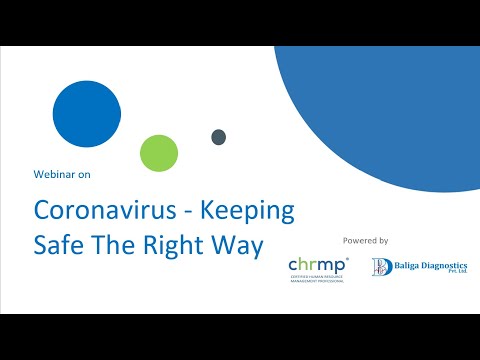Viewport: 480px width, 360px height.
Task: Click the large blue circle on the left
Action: click(x=86, y=114)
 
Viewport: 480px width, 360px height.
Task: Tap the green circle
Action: click(x=159, y=153)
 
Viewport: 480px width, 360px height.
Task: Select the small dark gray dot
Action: click(x=218, y=137)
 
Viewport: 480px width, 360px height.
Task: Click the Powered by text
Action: click(x=365, y=241)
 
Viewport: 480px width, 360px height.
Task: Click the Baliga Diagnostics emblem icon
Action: click(x=381, y=267)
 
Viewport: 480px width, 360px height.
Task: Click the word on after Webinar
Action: click(x=84, y=174)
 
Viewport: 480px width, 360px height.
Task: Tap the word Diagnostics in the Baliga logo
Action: click(x=443, y=264)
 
